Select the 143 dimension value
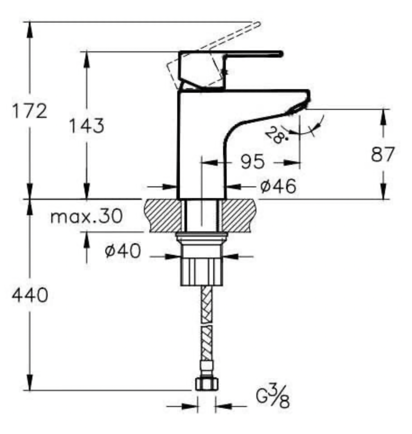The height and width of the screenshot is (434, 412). pos(86,126)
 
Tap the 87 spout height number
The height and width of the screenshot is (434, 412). pos(382,154)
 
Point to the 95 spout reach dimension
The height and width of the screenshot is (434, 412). pos(252,162)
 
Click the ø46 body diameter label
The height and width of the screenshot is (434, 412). pos(278,186)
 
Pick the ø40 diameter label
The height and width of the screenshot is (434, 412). pos(123,251)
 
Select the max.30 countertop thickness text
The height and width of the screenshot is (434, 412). pos(86,216)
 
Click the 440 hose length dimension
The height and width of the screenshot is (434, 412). pos(30,295)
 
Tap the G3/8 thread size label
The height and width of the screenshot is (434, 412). pos(273,397)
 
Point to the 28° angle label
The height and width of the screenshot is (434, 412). pos(275,135)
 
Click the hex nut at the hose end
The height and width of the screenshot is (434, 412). pos(206,384)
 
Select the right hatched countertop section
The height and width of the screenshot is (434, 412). pos(238,216)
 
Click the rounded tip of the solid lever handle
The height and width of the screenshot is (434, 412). pos(281,54)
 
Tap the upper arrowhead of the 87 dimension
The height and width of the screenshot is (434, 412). pos(383,118)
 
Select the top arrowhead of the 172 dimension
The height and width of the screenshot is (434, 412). pos(30,30)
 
